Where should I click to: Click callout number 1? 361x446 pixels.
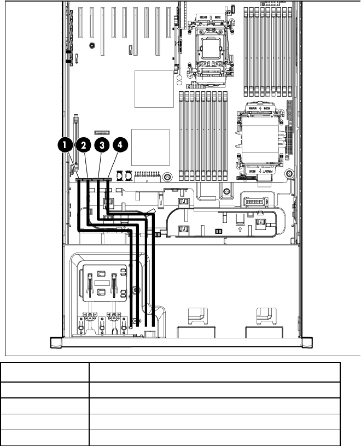click(65, 145)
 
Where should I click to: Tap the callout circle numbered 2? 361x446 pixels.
click(83, 145)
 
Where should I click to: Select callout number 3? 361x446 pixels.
click(102, 145)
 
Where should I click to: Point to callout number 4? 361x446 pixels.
click(120, 145)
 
